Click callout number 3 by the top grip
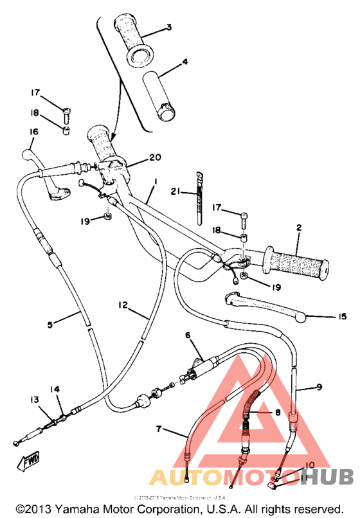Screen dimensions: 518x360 click(168, 28)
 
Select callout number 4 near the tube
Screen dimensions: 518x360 click(184, 62)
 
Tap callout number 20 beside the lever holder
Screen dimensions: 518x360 click(154, 157)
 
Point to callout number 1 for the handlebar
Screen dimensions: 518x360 click(154, 183)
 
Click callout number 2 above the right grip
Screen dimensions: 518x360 click(299, 228)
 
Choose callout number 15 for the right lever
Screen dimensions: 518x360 click(342, 316)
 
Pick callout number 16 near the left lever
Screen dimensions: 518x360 click(34, 132)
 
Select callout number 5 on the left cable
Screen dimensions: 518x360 click(50, 325)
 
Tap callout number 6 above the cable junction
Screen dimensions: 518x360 click(188, 335)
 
